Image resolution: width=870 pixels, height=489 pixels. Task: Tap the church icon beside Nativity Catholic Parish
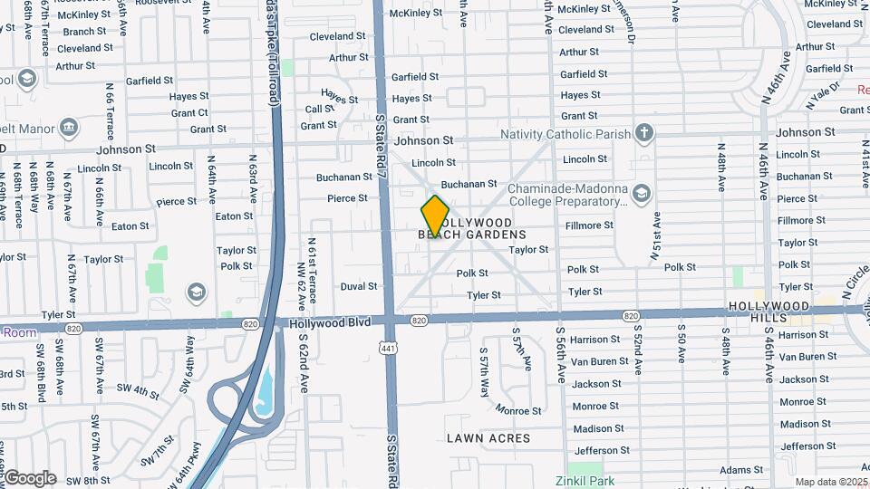(643, 134)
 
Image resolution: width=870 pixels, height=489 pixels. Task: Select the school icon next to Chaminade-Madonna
(642, 194)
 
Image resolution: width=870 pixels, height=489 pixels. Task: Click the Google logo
(30, 478)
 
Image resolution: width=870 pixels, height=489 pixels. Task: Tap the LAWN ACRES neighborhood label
(488, 438)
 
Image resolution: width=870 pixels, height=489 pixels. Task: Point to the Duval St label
(359, 287)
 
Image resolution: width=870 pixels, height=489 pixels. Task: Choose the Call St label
(320, 109)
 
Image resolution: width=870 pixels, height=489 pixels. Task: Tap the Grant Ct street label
(189, 113)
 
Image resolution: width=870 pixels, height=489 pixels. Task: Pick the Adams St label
(741, 470)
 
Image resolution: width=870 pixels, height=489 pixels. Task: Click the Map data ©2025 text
(831, 483)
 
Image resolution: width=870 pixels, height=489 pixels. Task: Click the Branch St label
(85, 32)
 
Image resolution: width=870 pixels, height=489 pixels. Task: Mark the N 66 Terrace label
(110, 99)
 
